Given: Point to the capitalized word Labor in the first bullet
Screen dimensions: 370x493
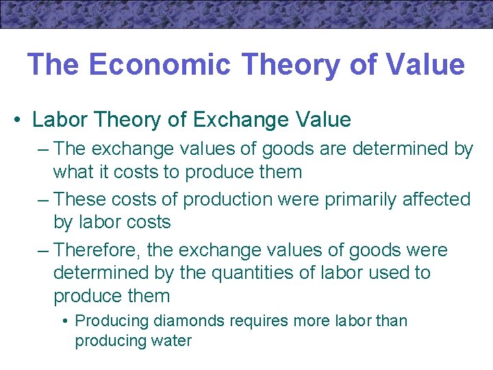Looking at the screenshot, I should pos(58,120).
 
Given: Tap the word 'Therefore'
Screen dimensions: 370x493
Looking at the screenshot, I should pos(98,250).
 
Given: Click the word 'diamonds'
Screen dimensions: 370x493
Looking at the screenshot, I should pos(184,321).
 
